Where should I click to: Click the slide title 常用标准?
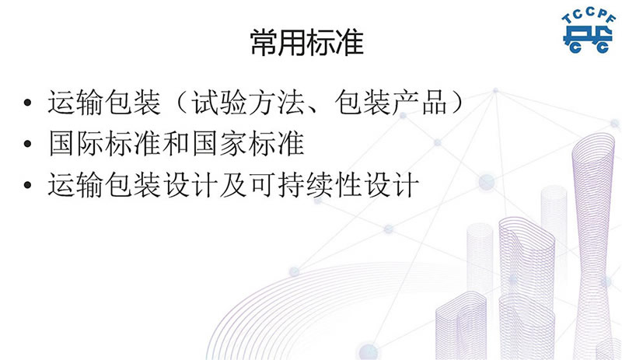coord(306,42)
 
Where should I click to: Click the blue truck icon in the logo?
coord(588,40)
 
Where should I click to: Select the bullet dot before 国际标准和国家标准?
coord(27,143)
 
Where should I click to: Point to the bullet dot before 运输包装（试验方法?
coord(27,103)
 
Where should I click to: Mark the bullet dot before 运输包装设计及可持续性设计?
coord(27,184)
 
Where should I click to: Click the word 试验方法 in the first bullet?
coord(248,103)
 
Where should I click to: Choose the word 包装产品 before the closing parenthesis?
coord(391,103)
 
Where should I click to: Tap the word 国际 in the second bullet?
coord(76,143)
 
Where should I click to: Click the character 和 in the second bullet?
coord(176,143)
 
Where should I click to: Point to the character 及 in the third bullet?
coord(234,184)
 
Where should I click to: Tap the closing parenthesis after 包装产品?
coord(457,103)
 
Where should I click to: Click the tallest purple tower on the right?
coord(593,246)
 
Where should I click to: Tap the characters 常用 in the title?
coord(278,42)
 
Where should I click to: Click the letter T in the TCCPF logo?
coord(567,19)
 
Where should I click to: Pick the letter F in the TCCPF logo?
coord(612,18)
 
